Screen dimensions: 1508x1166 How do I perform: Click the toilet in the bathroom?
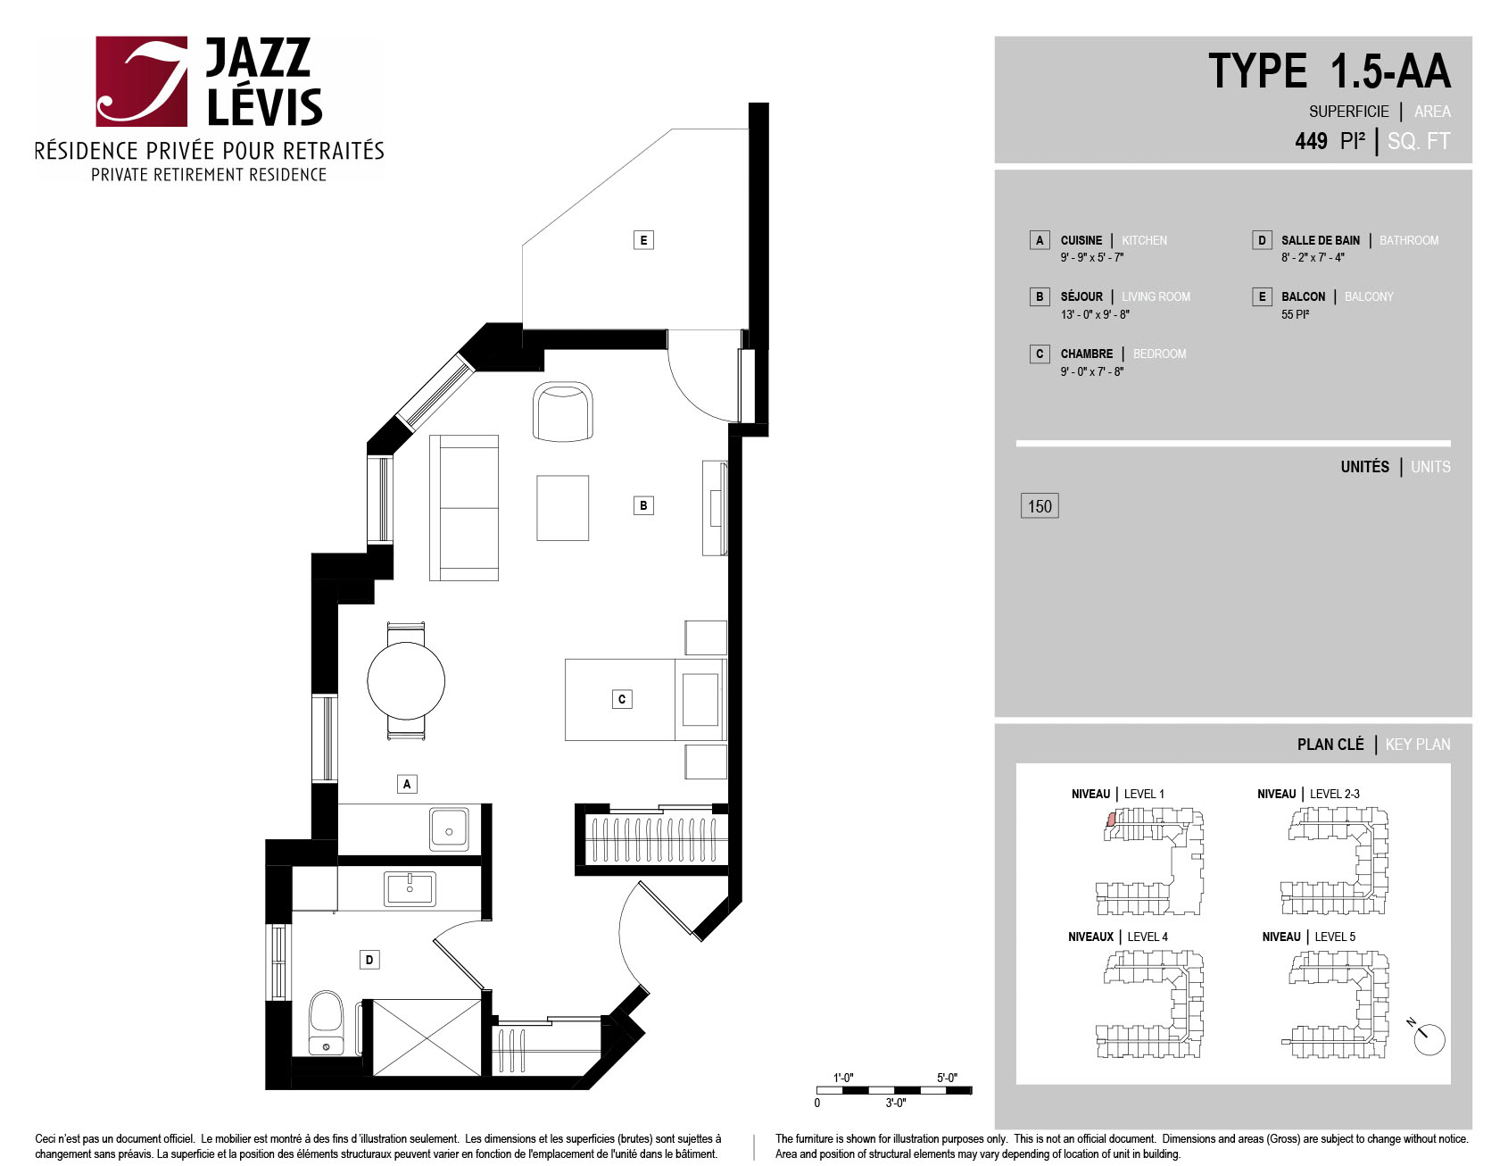326,1022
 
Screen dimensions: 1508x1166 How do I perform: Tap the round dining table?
406,680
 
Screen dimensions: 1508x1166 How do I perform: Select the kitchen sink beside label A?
449,829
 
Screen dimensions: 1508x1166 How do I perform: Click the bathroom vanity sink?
410,889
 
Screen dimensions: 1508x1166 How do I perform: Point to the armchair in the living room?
563,412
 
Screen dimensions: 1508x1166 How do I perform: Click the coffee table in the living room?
562,508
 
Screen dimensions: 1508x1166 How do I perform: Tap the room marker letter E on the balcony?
643,239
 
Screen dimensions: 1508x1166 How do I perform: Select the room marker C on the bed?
622,699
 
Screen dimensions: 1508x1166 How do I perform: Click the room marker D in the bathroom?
369,960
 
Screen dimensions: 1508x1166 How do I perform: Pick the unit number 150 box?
1040,506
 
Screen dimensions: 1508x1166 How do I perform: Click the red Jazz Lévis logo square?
142,81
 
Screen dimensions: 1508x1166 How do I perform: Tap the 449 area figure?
1311,141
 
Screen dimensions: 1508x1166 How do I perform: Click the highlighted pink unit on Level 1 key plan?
1111,819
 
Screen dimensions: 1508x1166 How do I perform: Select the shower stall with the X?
427,1037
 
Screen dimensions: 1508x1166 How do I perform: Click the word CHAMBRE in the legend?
1086,354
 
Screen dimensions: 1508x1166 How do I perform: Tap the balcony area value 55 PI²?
1295,314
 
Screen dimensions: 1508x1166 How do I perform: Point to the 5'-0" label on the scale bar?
947,1078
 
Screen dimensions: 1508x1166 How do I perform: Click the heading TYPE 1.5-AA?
1330,71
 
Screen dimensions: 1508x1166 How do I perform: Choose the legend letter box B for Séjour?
1040,296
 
